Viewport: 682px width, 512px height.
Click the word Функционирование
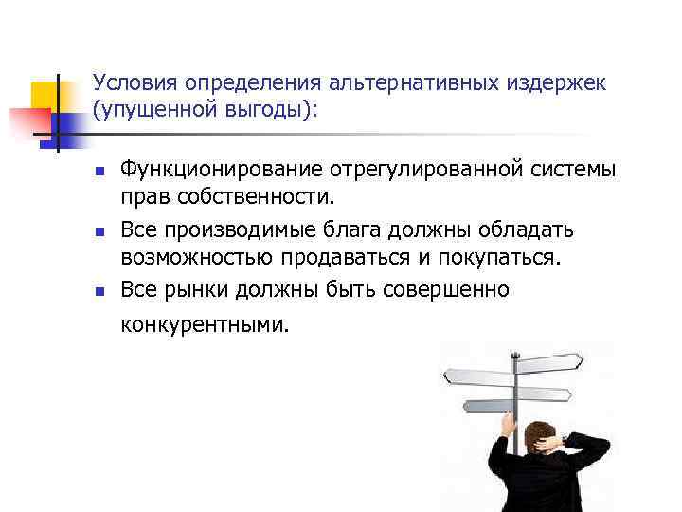pyautogui.click(x=220, y=171)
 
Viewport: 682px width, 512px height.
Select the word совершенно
pyautogui.click(x=445, y=289)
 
